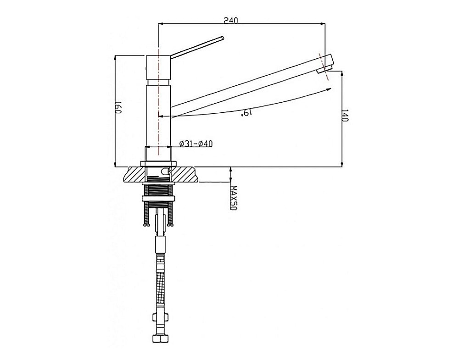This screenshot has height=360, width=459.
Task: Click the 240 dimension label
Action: tap(231, 20)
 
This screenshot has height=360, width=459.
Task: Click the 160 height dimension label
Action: tap(118, 108)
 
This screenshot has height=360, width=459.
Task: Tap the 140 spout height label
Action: tap(345, 116)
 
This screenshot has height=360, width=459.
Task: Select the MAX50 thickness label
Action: tap(233, 197)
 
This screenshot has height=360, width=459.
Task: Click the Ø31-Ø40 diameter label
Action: tap(196, 144)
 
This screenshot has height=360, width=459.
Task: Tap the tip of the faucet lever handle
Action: tap(223, 38)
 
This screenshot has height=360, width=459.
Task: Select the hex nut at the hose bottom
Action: tap(160, 339)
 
